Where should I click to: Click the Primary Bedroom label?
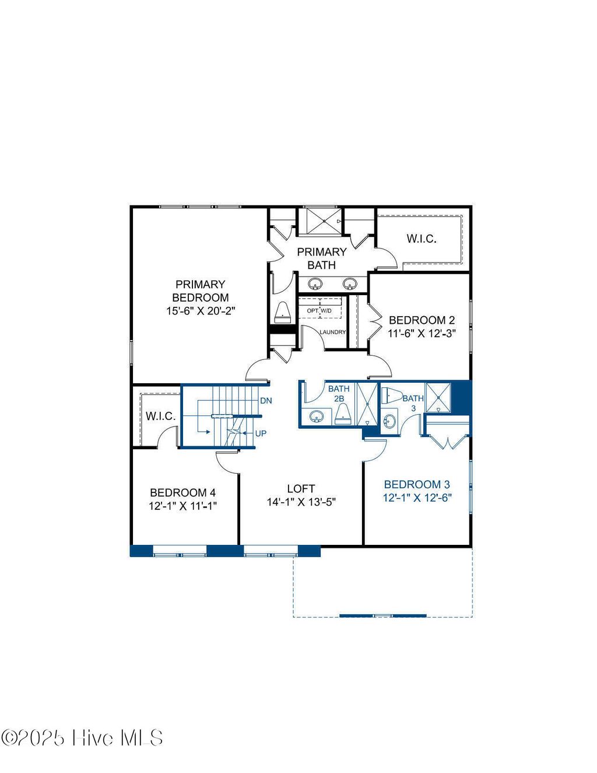(200, 291)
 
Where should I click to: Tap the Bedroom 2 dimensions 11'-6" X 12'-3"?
(422, 334)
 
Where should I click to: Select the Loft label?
(301, 488)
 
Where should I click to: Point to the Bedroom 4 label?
(182, 492)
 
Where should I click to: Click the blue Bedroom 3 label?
(417, 484)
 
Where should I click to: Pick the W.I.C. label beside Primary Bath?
(422, 239)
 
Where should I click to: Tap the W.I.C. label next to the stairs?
(160, 416)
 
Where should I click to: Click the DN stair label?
(266, 401)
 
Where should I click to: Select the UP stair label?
(261, 433)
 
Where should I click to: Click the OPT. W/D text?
(319, 310)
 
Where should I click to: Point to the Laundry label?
(333, 332)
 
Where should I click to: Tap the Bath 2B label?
(339, 393)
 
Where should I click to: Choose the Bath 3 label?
(413, 403)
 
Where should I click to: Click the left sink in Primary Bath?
(315, 284)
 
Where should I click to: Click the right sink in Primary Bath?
(350, 284)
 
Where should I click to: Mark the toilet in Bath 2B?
(343, 414)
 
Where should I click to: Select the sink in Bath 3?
(389, 421)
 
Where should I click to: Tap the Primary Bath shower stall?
(320, 221)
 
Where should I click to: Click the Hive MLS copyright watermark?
(82, 738)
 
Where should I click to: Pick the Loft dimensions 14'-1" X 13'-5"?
(301, 502)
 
